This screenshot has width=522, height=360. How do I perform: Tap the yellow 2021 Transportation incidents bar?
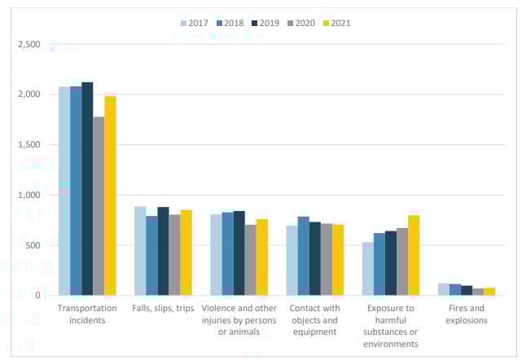click(110, 195)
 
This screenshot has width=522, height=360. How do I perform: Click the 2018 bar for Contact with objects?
click(303, 256)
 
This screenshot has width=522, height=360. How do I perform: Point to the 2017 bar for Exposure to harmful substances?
click(368, 269)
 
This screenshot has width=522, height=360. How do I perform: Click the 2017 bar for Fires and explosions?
click(444, 289)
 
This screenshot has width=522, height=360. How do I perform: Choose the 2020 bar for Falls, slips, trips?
click(174, 255)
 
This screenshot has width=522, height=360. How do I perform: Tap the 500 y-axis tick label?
click(33, 245)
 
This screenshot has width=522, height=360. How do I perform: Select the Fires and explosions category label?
click(466, 314)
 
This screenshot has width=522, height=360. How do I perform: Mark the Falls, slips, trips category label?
click(163, 309)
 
